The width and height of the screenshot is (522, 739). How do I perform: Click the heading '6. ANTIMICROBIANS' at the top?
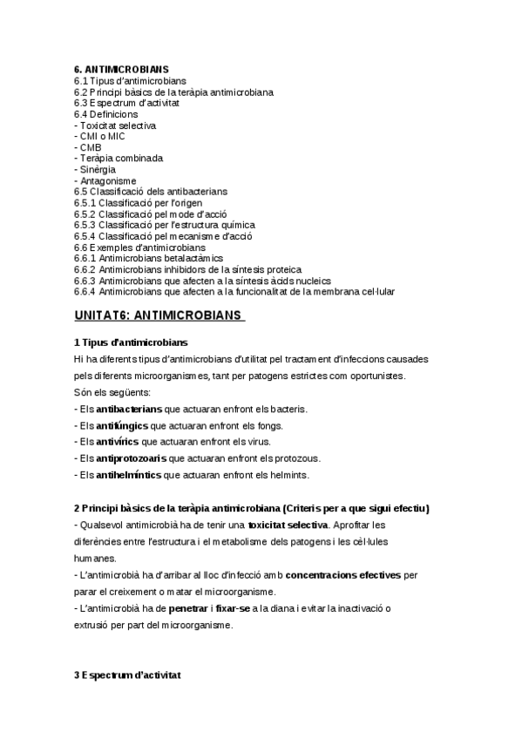click(x=122, y=69)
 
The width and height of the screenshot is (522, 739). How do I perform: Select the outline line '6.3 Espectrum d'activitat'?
click(x=127, y=103)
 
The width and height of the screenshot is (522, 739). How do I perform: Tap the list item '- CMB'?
click(x=89, y=147)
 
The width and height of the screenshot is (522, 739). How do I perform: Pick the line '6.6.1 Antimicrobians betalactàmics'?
click(x=149, y=259)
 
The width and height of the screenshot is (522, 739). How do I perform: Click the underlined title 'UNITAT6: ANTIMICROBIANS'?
click(x=159, y=315)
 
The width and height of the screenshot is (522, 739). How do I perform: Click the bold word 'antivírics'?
click(x=118, y=442)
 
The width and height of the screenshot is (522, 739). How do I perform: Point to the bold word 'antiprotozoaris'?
click(x=131, y=458)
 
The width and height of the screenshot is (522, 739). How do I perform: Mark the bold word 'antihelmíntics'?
click(x=129, y=475)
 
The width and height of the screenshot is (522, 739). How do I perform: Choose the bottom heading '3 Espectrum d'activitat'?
click(x=127, y=675)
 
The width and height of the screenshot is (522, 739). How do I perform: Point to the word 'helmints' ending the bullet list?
click(x=289, y=475)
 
